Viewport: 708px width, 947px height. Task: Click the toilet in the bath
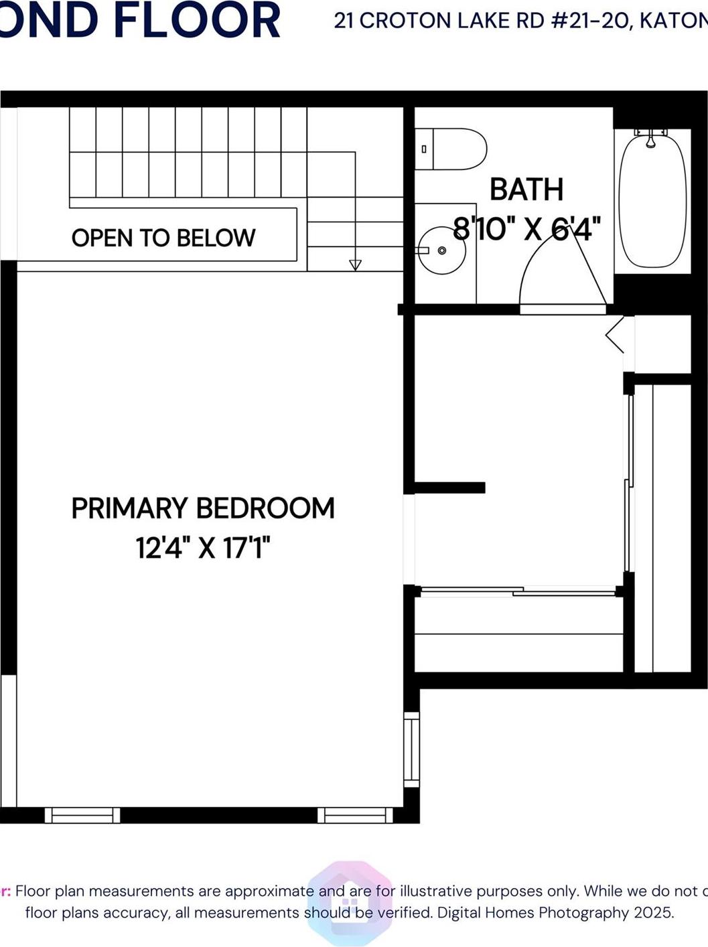point(459,149)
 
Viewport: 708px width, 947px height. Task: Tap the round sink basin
point(441,250)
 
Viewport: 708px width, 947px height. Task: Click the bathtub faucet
point(650,138)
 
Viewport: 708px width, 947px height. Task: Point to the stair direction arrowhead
point(355,265)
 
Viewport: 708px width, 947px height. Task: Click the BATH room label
point(526,190)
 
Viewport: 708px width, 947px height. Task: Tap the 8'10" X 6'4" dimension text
point(526,229)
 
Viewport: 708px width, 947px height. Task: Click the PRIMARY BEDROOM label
point(203,508)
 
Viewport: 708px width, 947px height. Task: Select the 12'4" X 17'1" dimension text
point(203,548)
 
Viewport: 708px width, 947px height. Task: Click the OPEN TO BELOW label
point(163,238)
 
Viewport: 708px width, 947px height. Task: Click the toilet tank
point(425,149)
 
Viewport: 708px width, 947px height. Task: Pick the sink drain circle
point(441,250)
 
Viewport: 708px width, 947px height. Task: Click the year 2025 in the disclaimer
point(652,912)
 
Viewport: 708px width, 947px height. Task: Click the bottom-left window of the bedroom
point(82,815)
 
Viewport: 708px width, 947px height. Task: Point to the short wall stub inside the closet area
point(449,488)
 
